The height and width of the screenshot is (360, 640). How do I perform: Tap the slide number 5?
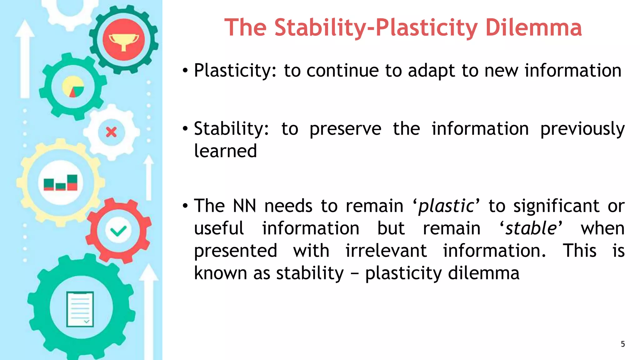[x=622, y=344]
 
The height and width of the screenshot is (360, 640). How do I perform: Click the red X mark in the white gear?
[x=111, y=132]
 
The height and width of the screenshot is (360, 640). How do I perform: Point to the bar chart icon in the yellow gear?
[x=61, y=183]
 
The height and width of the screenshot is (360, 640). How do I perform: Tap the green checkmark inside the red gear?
[x=118, y=231]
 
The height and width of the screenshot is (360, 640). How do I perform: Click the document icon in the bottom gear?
[x=80, y=309]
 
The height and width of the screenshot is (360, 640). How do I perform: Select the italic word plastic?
[x=446, y=207]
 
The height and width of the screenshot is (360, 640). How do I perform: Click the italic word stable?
[x=531, y=228]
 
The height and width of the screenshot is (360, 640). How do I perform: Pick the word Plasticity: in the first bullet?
[x=235, y=71]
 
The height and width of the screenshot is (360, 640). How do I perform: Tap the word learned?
[x=225, y=151]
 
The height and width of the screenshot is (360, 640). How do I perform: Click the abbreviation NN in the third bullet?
[x=244, y=206]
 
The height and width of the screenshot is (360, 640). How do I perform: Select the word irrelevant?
[x=386, y=251]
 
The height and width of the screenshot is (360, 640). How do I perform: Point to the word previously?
[x=582, y=129]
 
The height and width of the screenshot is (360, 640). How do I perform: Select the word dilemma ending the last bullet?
[x=483, y=273]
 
